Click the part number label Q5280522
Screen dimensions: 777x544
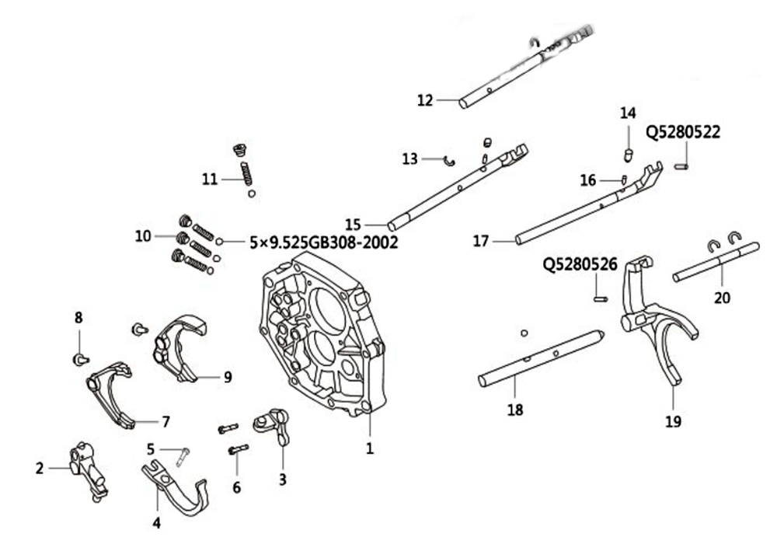pyautogui.click(x=683, y=132)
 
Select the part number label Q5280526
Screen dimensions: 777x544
pyautogui.click(x=580, y=264)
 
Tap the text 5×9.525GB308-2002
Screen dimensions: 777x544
pyautogui.click(x=324, y=242)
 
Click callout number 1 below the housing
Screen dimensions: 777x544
pyautogui.click(x=370, y=448)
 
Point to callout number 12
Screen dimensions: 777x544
pyautogui.click(x=425, y=100)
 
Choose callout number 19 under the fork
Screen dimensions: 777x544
pyautogui.click(x=673, y=422)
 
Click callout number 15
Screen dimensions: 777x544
pyautogui.click(x=354, y=225)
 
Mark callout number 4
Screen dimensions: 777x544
pyautogui.click(x=157, y=523)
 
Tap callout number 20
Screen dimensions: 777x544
pyautogui.click(x=722, y=298)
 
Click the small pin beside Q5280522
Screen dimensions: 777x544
pyautogui.click(x=682, y=167)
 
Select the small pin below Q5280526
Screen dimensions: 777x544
pyautogui.click(x=601, y=298)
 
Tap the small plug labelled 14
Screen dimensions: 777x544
pyautogui.click(x=629, y=155)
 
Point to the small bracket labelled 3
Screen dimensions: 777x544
pyautogui.click(x=273, y=425)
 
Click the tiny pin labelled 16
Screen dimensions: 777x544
pyautogui.click(x=624, y=180)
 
